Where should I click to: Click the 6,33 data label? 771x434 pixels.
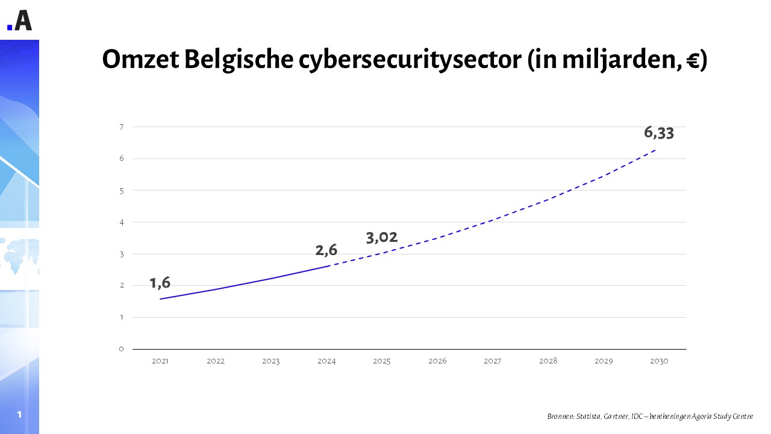point(658,133)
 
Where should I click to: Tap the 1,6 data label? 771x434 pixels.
point(160,283)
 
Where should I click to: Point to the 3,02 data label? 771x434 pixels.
point(382,237)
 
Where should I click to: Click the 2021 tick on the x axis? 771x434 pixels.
point(160,361)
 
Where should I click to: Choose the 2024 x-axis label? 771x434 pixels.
point(326,361)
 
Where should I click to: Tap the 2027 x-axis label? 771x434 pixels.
point(493,361)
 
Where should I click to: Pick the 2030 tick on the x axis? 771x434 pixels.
point(659,361)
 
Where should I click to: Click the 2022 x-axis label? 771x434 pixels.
point(216,361)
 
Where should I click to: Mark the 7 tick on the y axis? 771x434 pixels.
point(121,127)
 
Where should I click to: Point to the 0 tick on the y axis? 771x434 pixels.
point(121,349)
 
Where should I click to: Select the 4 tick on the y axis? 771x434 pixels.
point(121,222)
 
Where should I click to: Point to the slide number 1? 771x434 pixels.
point(19,414)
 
